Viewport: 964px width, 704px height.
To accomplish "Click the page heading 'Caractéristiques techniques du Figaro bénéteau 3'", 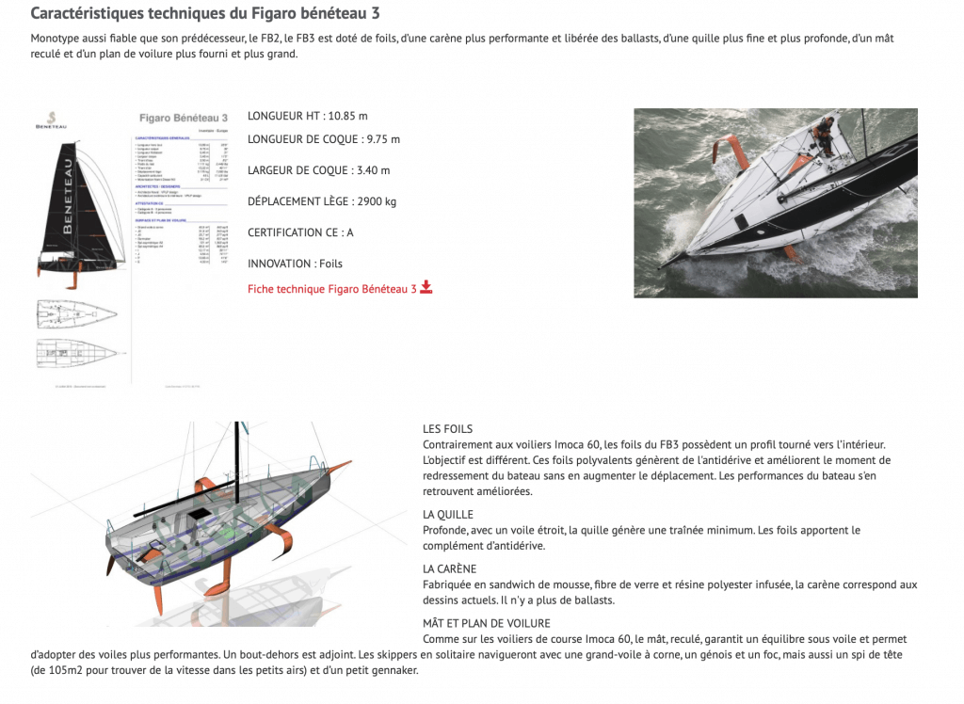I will click(x=206, y=14).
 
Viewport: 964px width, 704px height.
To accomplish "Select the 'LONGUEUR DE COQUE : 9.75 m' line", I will click(x=323, y=139).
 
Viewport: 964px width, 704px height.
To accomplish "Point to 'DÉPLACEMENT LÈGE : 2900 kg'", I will click(x=322, y=201).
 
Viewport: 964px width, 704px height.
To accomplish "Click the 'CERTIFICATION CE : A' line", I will click(x=300, y=232).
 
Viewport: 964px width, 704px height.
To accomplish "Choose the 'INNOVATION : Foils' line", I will click(x=295, y=264).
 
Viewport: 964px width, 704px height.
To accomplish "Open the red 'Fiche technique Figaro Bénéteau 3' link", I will click(x=331, y=289).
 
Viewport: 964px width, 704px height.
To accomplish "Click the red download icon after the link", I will click(x=426, y=288).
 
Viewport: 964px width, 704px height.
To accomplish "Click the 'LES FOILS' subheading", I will click(x=448, y=429).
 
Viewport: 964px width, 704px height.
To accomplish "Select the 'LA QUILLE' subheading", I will click(x=448, y=515).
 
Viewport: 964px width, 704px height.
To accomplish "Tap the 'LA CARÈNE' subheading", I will click(x=450, y=569).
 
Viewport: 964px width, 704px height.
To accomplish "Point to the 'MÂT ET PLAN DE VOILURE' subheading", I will click(x=487, y=623).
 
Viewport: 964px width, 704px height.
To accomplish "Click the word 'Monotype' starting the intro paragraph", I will click(x=55, y=39).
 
